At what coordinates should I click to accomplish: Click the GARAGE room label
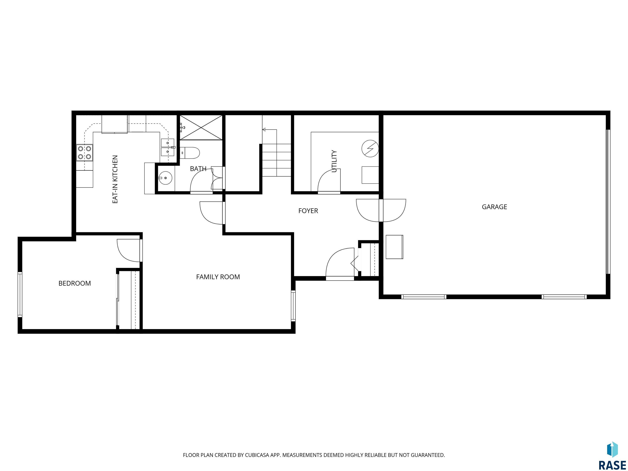pyautogui.click(x=494, y=207)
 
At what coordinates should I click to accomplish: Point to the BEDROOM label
pyautogui.click(x=75, y=283)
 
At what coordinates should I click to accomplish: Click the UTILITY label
pyautogui.click(x=334, y=161)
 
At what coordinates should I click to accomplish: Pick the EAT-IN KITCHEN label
pyautogui.click(x=115, y=179)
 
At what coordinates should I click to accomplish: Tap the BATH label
pyautogui.click(x=198, y=169)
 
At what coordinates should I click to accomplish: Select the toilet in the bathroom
pyautogui.click(x=190, y=153)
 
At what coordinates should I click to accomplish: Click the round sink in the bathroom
pyautogui.click(x=165, y=178)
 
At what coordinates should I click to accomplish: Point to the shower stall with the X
pyautogui.click(x=201, y=127)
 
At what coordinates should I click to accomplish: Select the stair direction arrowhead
pyautogui.click(x=264, y=130)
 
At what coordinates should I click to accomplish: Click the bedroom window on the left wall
pyautogui.click(x=20, y=294)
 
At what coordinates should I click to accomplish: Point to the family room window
pyautogui.click(x=293, y=306)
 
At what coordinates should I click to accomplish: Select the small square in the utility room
pyautogui.click(x=370, y=175)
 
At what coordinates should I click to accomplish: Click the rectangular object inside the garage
pyautogui.click(x=394, y=247)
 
